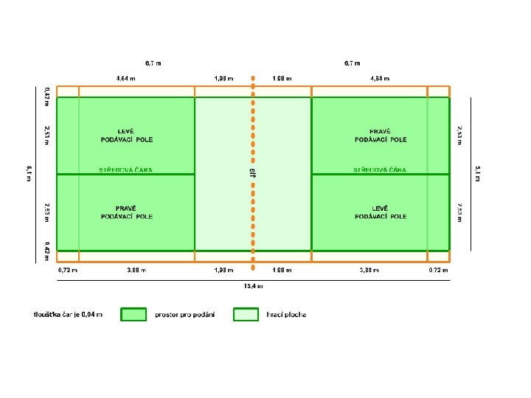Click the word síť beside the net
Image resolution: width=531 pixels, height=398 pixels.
(x=252, y=172)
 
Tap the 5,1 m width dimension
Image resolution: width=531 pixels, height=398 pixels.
(x=476, y=174)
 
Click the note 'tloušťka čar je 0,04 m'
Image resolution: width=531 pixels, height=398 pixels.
(x=68, y=315)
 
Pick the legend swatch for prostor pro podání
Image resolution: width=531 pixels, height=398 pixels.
(x=134, y=315)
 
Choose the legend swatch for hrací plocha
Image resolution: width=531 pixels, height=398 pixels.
(x=246, y=315)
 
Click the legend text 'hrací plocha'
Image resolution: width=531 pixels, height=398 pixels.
(x=286, y=315)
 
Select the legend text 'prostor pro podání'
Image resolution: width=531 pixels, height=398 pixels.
(x=185, y=315)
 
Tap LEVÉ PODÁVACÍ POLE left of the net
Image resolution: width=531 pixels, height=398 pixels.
(x=127, y=135)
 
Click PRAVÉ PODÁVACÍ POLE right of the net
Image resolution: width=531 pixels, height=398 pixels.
(x=381, y=135)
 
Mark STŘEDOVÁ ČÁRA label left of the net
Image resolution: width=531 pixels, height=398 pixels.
(x=126, y=170)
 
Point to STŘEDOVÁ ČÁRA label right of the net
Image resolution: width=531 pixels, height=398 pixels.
(x=380, y=170)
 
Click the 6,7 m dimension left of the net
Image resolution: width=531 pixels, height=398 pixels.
(x=153, y=63)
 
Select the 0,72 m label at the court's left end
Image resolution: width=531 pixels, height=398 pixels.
(x=68, y=270)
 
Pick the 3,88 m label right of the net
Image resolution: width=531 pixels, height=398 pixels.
(x=369, y=270)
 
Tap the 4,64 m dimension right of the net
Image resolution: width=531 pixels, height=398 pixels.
(x=380, y=78)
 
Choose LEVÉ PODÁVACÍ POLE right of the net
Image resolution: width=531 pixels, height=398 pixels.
(x=381, y=212)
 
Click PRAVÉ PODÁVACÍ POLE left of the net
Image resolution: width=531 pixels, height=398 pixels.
(x=127, y=212)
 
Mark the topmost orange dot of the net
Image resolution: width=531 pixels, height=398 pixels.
(x=253, y=76)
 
